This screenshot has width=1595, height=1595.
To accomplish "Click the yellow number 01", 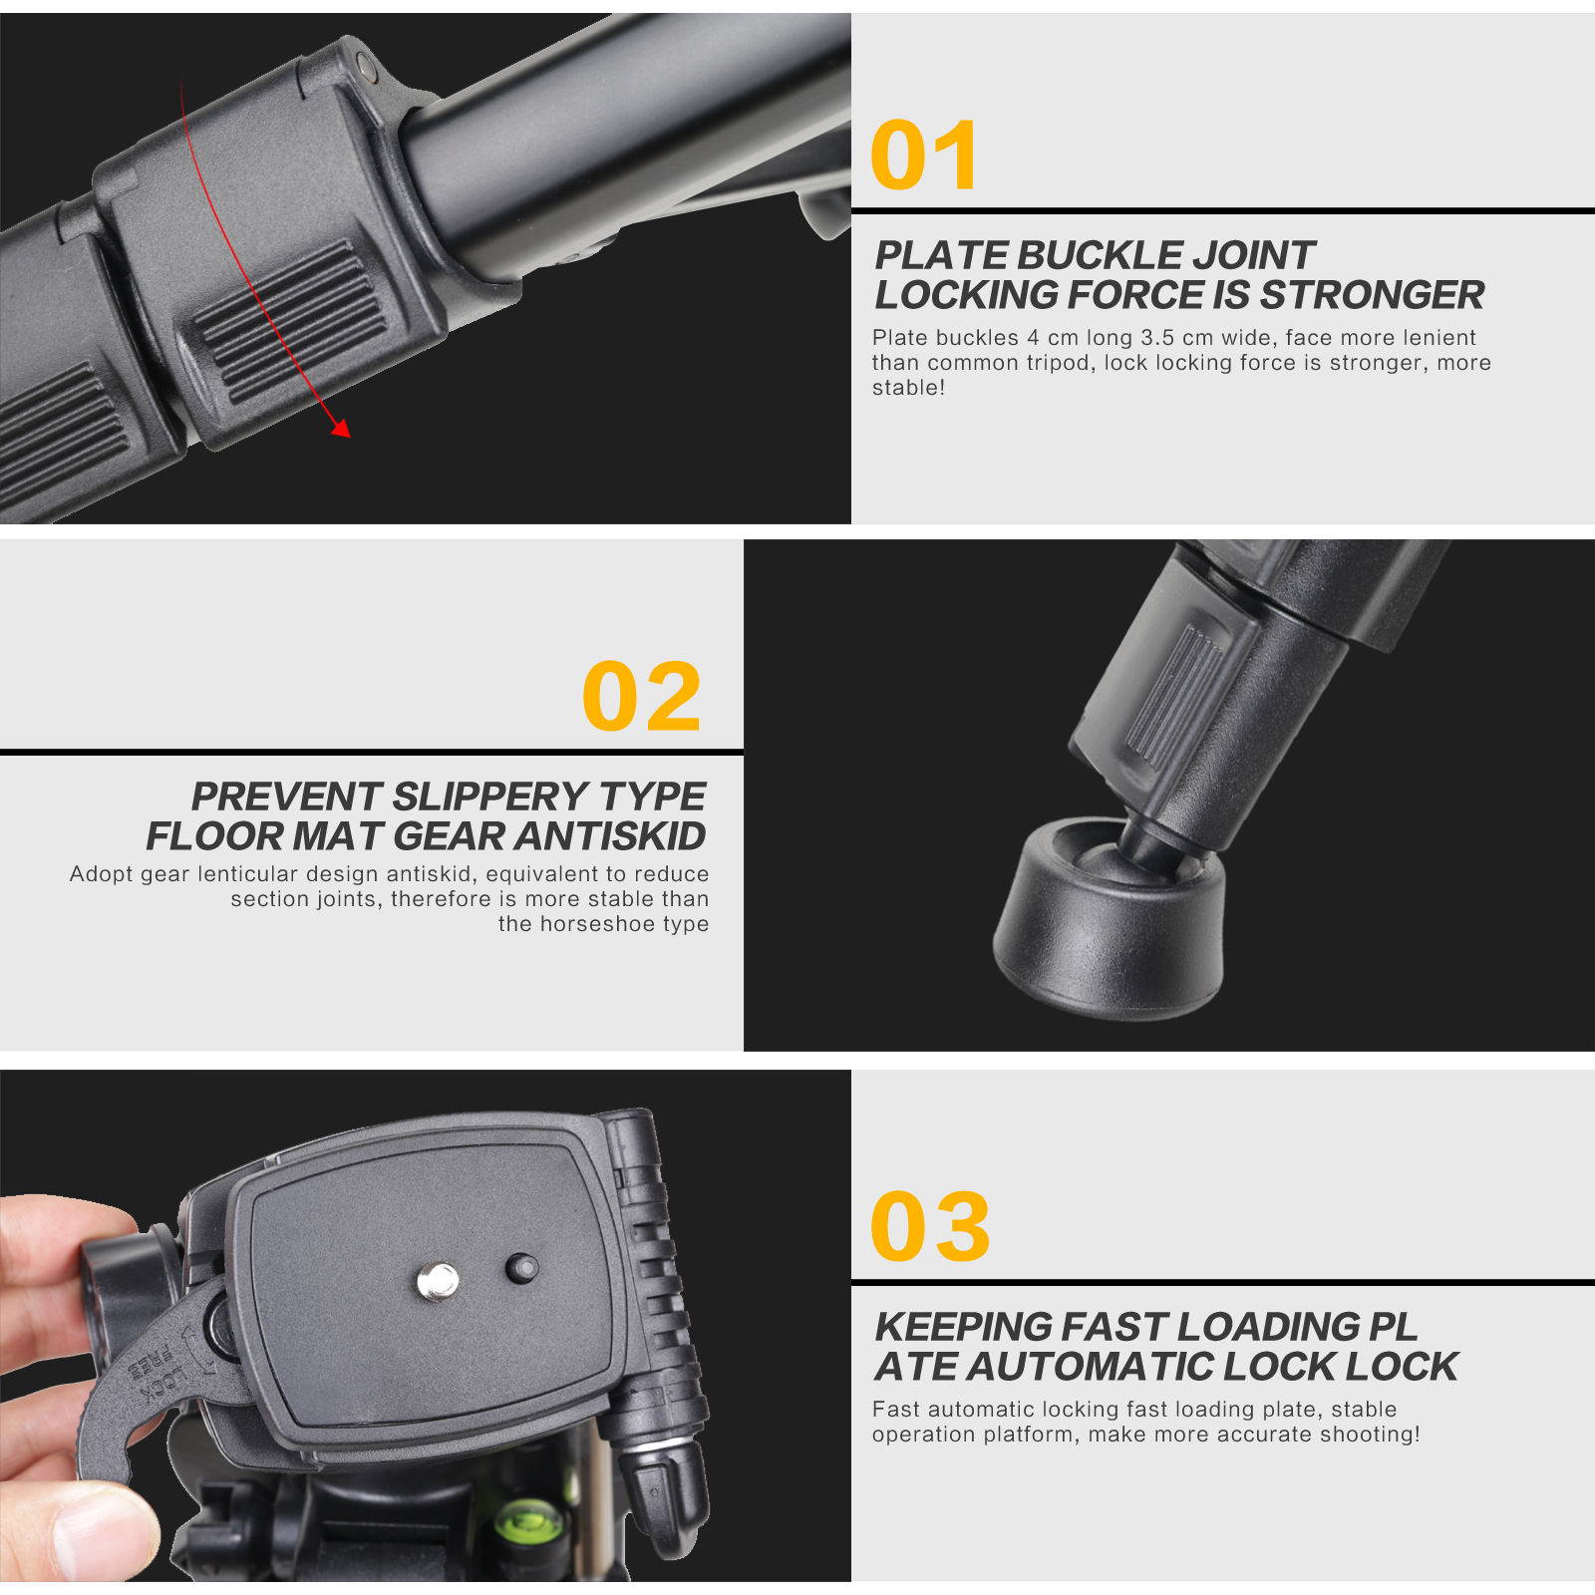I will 924,156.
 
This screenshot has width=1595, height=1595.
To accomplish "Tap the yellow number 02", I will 642,696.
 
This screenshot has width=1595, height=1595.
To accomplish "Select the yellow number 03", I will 929,1226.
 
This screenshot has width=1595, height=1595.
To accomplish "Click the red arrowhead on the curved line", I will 341,429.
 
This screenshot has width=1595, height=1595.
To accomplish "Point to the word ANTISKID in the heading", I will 610,836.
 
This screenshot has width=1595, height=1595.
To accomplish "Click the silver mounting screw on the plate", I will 437,1281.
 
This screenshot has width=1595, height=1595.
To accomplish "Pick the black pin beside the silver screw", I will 521,1269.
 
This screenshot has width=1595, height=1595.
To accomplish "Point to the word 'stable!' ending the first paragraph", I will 908,388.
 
